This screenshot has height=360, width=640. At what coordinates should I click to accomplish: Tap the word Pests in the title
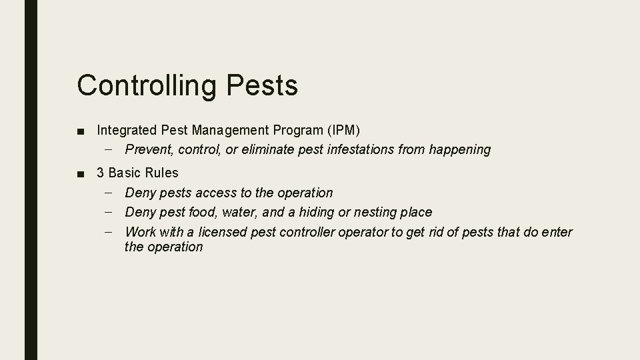click(x=262, y=86)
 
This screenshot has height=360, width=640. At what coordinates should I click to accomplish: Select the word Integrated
click(x=127, y=130)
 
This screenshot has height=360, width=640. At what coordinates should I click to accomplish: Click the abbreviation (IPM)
click(x=340, y=130)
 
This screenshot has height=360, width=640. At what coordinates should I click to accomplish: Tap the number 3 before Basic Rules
click(x=101, y=173)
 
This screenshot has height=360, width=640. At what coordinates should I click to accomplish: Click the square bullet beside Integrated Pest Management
click(x=81, y=131)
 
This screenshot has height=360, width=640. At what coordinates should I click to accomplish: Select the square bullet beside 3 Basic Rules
click(x=81, y=173)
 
